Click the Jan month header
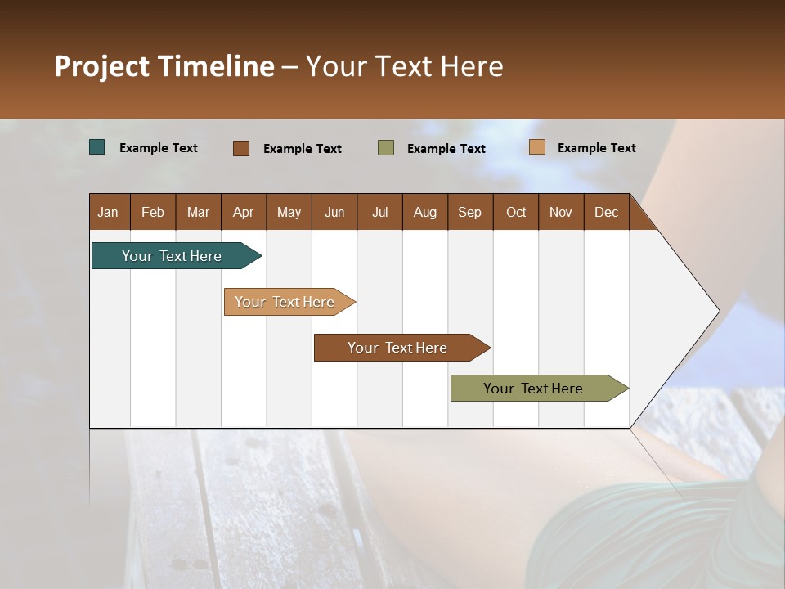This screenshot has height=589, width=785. [108, 212]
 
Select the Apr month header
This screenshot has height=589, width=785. [243, 212]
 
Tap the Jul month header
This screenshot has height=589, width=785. [379, 212]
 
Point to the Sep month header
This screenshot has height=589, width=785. [469, 212]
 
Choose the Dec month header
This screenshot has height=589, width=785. [606, 212]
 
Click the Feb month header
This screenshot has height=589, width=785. [153, 212]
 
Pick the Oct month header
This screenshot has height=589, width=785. [516, 212]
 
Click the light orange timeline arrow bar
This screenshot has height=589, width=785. [286, 302]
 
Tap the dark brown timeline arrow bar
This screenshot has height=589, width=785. [399, 348]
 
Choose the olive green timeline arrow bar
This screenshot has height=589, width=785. [536, 389]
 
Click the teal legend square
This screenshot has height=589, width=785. [97, 147]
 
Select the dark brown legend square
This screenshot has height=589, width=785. [241, 148]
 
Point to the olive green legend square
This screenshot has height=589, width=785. [386, 148]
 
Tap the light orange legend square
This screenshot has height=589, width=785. [536, 147]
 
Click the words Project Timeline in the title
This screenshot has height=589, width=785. [164, 66]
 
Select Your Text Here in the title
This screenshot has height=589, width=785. [404, 66]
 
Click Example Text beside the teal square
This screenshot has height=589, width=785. [159, 148]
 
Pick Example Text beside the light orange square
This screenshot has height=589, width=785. [597, 148]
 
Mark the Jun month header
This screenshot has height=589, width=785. [334, 212]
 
